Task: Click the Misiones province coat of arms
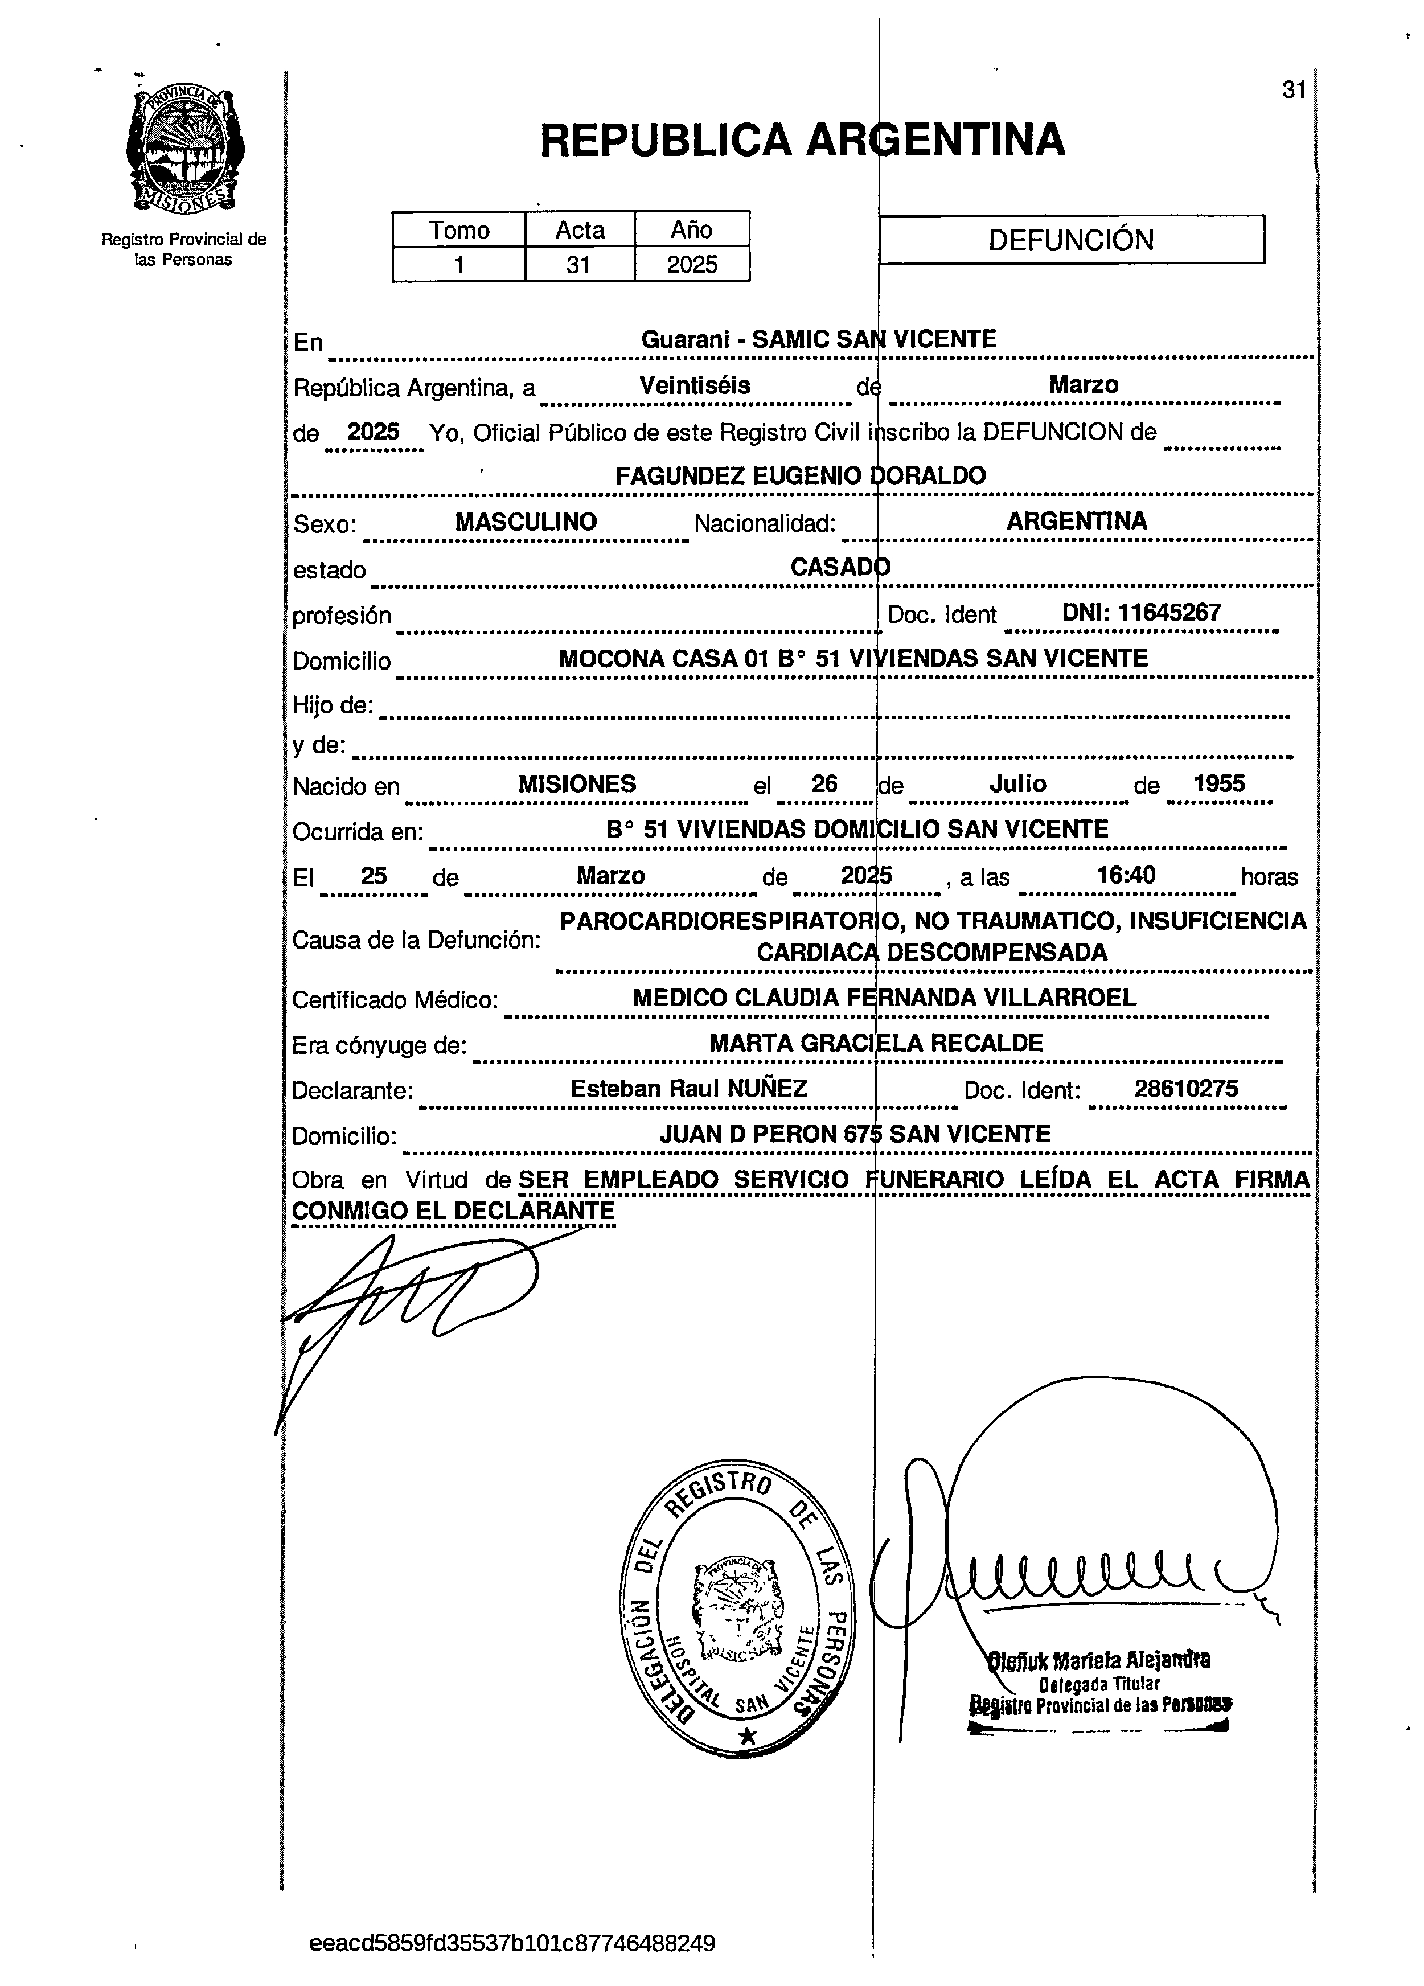pyautogui.click(x=184, y=149)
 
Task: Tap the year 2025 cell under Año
pyautogui.click(x=691, y=264)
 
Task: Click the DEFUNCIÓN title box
pyautogui.click(x=1071, y=240)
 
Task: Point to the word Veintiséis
pyautogui.click(x=695, y=385)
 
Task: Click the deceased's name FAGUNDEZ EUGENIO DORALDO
pyautogui.click(x=801, y=475)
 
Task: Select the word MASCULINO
pyautogui.click(x=526, y=522)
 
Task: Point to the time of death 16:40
pyautogui.click(x=1126, y=875)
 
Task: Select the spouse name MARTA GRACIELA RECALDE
pyautogui.click(x=876, y=1043)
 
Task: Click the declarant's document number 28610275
pyautogui.click(x=1186, y=1089)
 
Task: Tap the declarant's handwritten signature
pyautogui.click(x=412, y=1304)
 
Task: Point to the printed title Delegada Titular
pyautogui.click(x=1099, y=1684)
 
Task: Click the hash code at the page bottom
pyautogui.click(x=512, y=1944)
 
